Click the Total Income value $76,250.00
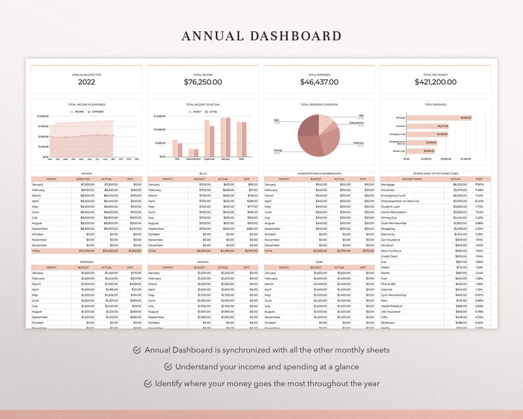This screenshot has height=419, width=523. click(x=203, y=82)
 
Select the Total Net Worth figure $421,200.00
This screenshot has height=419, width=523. click(x=435, y=82)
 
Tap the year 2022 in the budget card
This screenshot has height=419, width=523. click(x=86, y=82)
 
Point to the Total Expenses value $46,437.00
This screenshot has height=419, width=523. click(x=319, y=82)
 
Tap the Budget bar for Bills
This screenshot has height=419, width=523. click(x=175, y=148)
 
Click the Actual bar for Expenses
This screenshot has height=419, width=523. click(x=211, y=141)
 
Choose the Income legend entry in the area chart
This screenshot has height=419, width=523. click(x=78, y=112)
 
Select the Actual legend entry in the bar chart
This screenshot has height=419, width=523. click(x=213, y=112)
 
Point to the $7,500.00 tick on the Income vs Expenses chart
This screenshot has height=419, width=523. click(x=42, y=126)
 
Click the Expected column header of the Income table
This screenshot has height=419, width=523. click(x=83, y=179)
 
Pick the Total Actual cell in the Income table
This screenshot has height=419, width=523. click(x=109, y=251)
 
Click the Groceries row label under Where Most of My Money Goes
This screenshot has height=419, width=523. click(x=389, y=190)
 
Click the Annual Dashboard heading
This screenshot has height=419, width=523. click(x=261, y=36)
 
